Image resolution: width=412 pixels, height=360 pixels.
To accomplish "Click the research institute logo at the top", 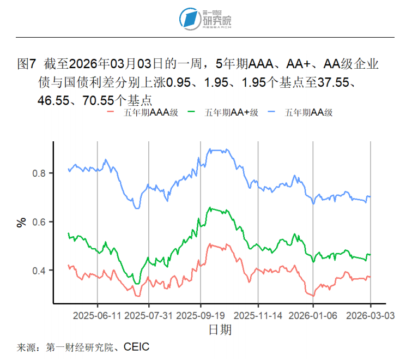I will click(205, 19).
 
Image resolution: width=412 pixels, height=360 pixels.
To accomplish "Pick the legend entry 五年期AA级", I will click(308, 112).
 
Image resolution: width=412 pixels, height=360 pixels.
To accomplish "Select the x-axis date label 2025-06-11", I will click(97, 315).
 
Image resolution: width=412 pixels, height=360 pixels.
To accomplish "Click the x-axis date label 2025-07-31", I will click(149, 315).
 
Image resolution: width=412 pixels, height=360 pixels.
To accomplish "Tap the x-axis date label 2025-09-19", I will click(201, 315).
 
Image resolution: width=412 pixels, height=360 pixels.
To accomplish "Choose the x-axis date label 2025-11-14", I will click(258, 315).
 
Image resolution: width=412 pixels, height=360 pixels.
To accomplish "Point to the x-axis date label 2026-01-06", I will click(313, 315).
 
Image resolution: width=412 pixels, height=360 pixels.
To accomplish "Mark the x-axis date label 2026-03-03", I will click(371, 315).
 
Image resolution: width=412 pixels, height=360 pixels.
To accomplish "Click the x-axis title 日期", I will click(220, 329).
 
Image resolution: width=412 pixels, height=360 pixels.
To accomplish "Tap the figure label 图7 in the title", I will click(26, 64).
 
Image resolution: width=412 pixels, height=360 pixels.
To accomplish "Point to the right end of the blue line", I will click(371, 196).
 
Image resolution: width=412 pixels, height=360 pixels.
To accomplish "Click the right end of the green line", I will click(371, 254).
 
